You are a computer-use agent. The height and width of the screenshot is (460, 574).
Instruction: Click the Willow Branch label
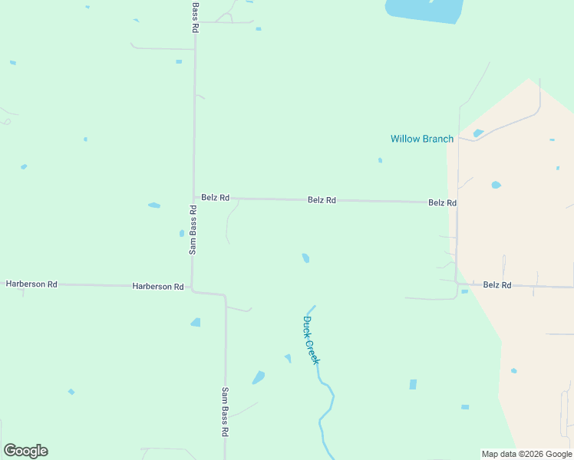tap(421, 139)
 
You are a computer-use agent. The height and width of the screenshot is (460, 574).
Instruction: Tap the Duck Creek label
tap(310, 340)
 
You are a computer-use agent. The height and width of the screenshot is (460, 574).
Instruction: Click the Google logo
tap(25, 451)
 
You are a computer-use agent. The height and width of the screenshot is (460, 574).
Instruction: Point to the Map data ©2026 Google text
tap(526, 454)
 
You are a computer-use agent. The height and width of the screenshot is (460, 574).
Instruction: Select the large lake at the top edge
tap(424, 9)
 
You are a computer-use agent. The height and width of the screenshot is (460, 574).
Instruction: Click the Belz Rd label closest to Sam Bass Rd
tap(215, 197)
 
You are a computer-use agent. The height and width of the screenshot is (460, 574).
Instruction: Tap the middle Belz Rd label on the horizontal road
tap(322, 199)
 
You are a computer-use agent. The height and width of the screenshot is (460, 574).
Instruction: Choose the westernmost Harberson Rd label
tap(31, 284)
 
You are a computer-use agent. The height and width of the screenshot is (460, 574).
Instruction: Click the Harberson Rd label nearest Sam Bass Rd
tap(157, 286)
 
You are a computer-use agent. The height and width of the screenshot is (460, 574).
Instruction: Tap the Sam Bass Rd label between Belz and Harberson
tap(193, 229)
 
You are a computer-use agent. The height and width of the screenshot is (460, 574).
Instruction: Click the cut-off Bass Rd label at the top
tap(195, 15)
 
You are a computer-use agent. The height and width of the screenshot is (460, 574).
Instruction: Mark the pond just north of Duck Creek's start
tap(305, 258)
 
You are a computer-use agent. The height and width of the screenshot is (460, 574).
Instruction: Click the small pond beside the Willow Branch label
tap(478, 133)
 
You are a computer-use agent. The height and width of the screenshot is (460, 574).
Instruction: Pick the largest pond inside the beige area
tap(496, 185)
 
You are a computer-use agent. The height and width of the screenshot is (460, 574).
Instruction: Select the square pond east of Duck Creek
tap(413, 384)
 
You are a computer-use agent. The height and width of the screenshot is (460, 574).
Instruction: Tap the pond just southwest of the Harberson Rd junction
tap(196, 322)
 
